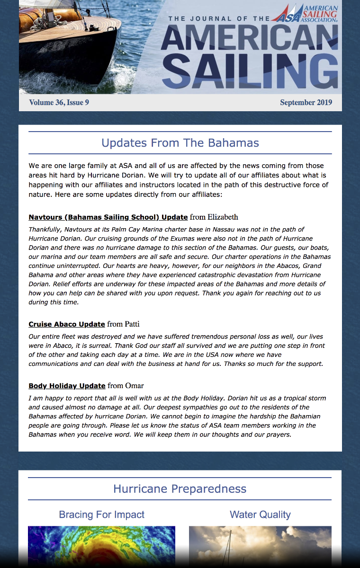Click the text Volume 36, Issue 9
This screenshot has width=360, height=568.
pyautogui.click(x=59, y=102)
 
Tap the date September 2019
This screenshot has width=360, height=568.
pyautogui.click(x=306, y=102)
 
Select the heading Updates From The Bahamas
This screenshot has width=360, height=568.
pyautogui.click(x=180, y=143)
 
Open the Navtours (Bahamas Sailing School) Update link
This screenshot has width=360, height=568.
pyautogui.click(x=108, y=217)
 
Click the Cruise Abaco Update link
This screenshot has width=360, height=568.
pyautogui.click(x=67, y=324)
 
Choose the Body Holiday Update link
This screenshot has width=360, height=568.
pyautogui.click(x=67, y=386)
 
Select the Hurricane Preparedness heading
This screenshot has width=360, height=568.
pyautogui.click(x=180, y=489)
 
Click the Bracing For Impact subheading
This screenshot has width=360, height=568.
pyautogui.click(x=101, y=515)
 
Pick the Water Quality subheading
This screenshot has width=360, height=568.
pyautogui.click(x=260, y=515)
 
